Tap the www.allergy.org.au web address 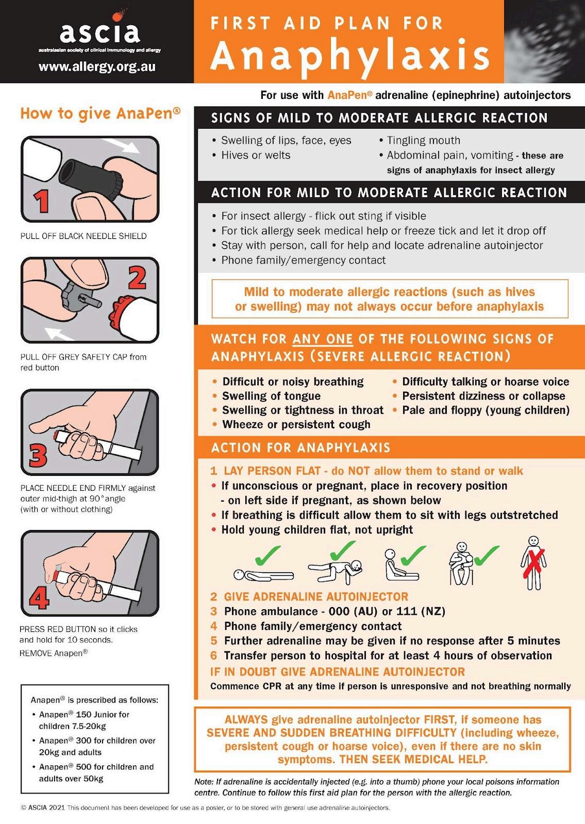[97, 66]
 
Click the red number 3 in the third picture [38, 454]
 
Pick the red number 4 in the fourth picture [39, 597]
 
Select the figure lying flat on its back [263, 575]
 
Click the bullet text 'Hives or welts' [256, 155]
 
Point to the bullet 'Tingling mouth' [423, 140]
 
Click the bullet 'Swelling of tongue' [271, 396]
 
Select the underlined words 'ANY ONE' [323, 339]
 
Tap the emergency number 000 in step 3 [339, 611]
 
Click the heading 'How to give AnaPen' [101, 113]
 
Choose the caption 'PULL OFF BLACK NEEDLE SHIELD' [83, 236]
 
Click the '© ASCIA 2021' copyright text [43, 808]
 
